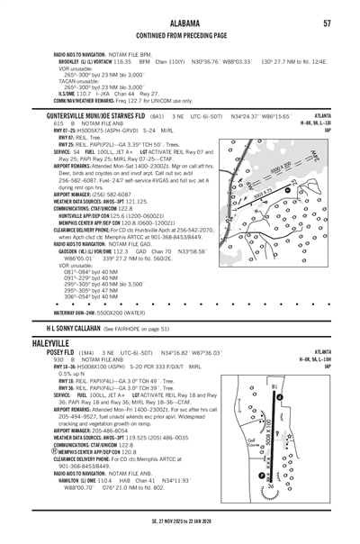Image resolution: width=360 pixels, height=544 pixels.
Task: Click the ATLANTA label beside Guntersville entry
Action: point(321,116)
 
